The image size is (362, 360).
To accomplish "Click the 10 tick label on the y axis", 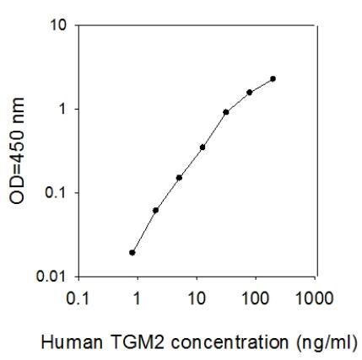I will point(58,25).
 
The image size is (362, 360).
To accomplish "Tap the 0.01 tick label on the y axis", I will point(52,276).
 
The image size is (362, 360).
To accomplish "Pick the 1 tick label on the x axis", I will point(138,298).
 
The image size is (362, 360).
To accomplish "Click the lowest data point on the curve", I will point(132,252).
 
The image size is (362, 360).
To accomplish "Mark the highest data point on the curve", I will point(273,78).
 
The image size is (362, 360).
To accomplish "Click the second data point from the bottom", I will point(156,210).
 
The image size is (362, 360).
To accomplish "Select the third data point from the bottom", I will point(179,177).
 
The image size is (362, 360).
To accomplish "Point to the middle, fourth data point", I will point(203,147).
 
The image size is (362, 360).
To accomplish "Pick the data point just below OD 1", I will point(226,111).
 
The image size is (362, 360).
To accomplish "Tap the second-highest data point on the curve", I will point(250,92).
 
